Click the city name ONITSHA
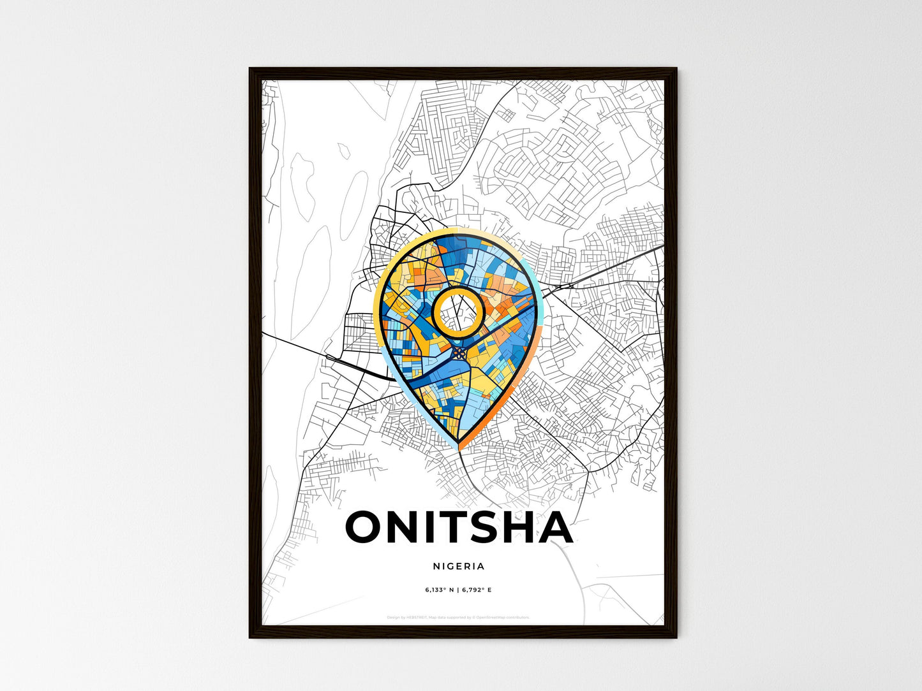(x=459, y=527)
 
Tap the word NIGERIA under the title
(x=459, y=566)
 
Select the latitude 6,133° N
(x=439, y=590)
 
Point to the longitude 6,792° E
(x=476, y=590)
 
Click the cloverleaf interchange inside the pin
(x=459, y=351)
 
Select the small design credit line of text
(x=458, y=618)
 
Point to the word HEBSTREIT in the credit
(x=417, y=618)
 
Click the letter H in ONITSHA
(x=518, y=527)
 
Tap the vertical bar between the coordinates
(x=457, y=590)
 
